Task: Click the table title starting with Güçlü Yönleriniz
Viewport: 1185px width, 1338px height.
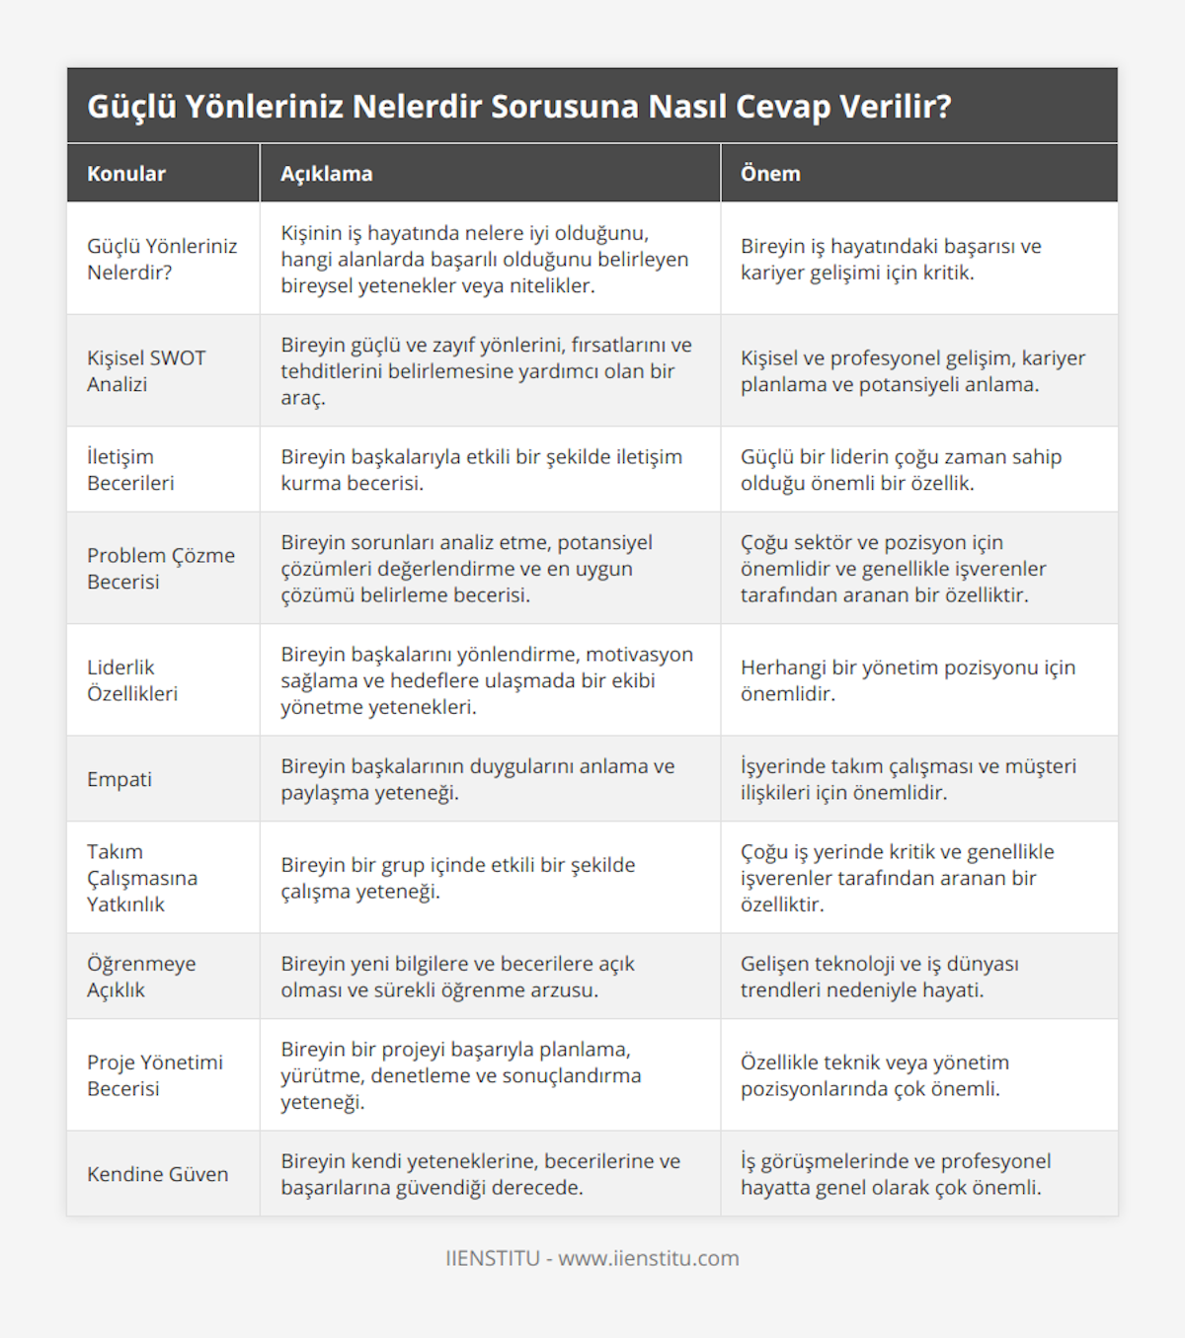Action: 519,106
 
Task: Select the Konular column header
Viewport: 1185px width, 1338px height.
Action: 126,174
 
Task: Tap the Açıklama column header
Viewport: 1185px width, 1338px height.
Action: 327,174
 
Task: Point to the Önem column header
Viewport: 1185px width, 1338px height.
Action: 770,174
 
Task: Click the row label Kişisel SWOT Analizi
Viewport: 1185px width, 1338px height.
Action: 146,370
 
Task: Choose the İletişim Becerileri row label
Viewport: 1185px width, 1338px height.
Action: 130,469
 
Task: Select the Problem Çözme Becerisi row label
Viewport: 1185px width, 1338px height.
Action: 161,568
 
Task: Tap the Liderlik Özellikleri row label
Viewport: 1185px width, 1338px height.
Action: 132,680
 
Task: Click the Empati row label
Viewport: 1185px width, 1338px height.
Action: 119,779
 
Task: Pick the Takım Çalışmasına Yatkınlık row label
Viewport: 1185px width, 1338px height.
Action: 142,878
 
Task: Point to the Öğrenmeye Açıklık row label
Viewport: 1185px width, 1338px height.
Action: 141,977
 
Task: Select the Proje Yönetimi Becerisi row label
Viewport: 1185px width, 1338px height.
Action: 155,1075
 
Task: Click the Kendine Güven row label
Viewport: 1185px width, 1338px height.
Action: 158,1174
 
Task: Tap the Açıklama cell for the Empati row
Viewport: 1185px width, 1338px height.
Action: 478,779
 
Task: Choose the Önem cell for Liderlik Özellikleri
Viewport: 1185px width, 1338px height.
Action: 908,680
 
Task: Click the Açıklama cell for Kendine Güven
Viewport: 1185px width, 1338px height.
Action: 480,1174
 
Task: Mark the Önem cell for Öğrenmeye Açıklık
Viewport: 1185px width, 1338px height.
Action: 879,977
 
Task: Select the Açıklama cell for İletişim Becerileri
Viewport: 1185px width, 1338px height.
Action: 481,469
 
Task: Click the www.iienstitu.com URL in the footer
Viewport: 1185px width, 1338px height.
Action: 649,1258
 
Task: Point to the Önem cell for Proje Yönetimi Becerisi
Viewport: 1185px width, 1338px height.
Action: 875,1075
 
